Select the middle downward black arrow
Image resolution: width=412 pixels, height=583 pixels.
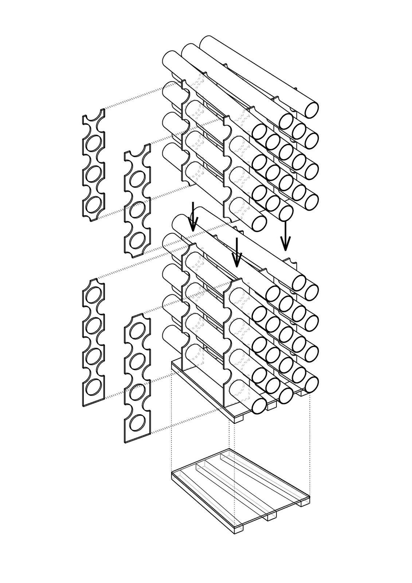tap(237, 253)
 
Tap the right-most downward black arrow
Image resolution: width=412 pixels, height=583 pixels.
tap(285, 237)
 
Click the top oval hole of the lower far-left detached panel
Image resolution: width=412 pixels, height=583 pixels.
tap(94, 294)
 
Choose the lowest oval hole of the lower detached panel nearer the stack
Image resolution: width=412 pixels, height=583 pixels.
tap(137, 423)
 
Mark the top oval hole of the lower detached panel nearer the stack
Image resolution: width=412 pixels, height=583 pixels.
tap(137, 330)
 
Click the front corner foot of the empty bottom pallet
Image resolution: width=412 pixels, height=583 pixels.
tap(239, 528)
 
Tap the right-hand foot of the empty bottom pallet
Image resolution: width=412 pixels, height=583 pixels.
tap(305, 503)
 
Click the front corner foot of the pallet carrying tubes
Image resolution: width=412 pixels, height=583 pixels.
tap(239, 419)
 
